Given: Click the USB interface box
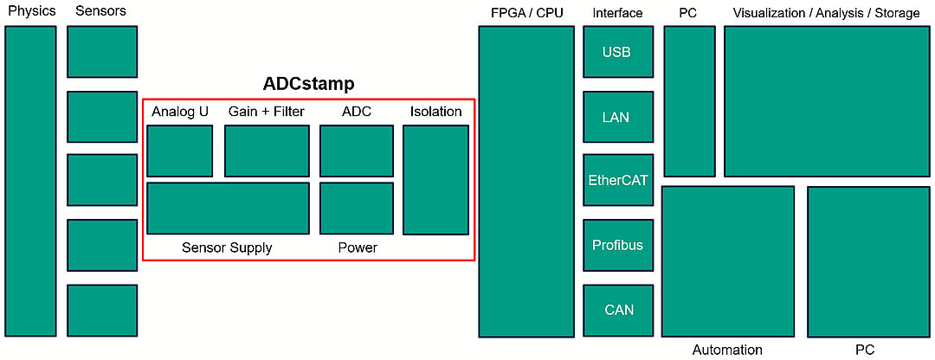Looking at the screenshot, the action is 618,52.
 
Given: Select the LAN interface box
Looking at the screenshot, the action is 618,117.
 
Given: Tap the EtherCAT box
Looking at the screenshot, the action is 618,180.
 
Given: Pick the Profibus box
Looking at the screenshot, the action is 618,246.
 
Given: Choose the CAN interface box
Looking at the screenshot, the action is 618,311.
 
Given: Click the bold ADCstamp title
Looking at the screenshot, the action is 308,84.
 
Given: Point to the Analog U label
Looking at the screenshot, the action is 180,112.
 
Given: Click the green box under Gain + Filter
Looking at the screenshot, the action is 268,151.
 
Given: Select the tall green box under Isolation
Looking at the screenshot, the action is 435,179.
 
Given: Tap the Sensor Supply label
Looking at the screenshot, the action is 227,248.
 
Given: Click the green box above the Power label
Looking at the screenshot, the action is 357,208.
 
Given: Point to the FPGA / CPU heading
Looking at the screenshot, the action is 526,12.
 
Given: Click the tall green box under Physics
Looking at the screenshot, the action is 30,181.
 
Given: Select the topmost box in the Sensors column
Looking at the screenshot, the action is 102,52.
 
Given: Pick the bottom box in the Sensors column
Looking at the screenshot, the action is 102,311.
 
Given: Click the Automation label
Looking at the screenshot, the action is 727,350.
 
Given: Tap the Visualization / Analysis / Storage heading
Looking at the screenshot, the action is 827,12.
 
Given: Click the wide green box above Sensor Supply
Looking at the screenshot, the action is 228,208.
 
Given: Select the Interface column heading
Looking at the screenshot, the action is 618,12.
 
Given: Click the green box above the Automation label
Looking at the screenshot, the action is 728,261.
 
